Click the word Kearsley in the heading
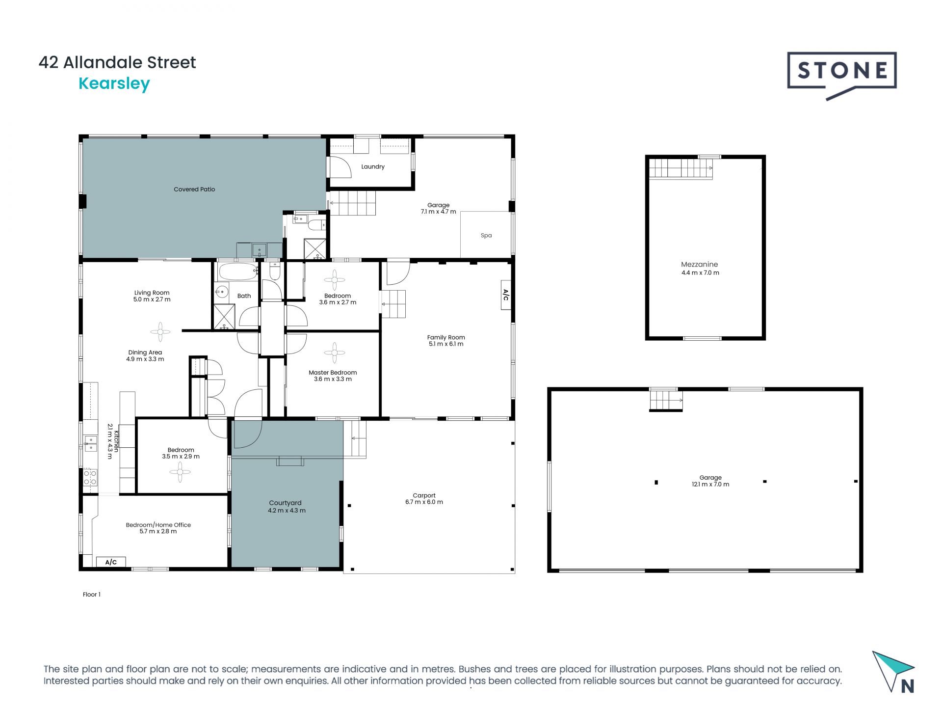tap(114, 83)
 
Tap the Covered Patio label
tap(194, 189)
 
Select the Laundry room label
tap(373, 166)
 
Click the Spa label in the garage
tap(486, 235)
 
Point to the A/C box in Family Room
tap(506, 295)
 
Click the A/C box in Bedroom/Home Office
tap(111, 562)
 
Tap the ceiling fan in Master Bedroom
tap(335, 353)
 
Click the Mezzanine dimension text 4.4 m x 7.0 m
tap(700, 272)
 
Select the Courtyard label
tap(285, 503)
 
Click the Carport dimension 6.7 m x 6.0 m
tap(424, 502)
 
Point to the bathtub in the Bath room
tap(238, 271)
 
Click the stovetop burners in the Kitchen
tap(90, 478)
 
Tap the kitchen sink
tap(90, 443)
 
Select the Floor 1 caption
tap(92, 594)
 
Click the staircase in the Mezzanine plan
tap(680, 169)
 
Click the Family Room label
tap(445, 337)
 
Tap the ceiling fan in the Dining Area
tap(160, 332)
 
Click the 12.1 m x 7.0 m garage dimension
tap(710, 484)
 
